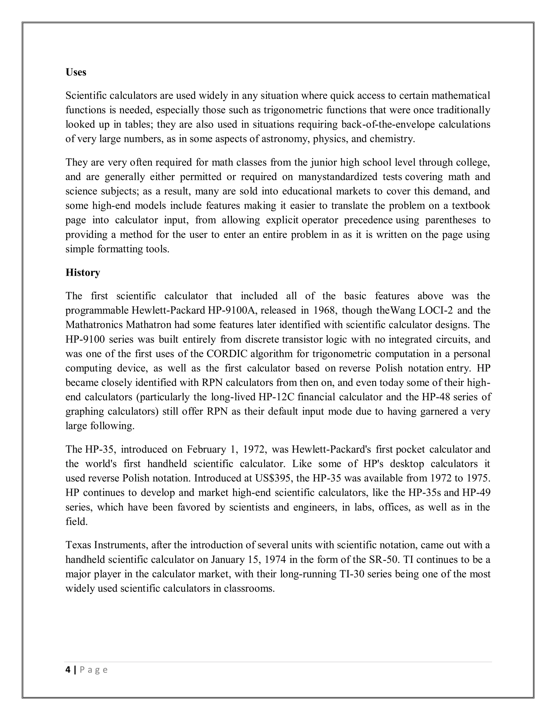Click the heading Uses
pos(76,72)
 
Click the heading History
pos(83,272)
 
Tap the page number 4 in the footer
pos(68,670)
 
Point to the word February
pos(207,449)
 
